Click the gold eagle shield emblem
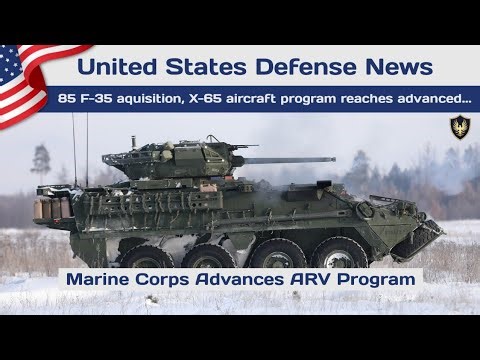[x=460, y=127]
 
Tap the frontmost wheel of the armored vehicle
[x=340, y=254]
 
